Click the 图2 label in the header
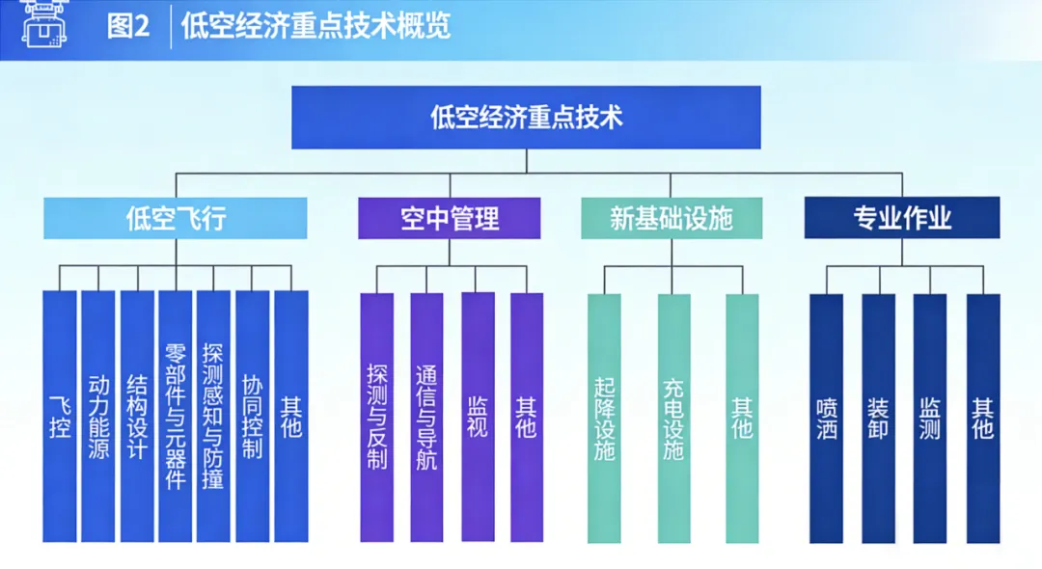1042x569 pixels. click(x=128, y=26)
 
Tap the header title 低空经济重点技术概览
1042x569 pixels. click(x=315, y=26)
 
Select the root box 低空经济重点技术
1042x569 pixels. click(x=526, y=118)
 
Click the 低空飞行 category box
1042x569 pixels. click(x=176, y=219)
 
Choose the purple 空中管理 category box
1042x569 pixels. click(x=450, y=219)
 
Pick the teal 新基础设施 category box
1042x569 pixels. click(x=672, y=219)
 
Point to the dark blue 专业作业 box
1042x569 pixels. click(x=902, y=219)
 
